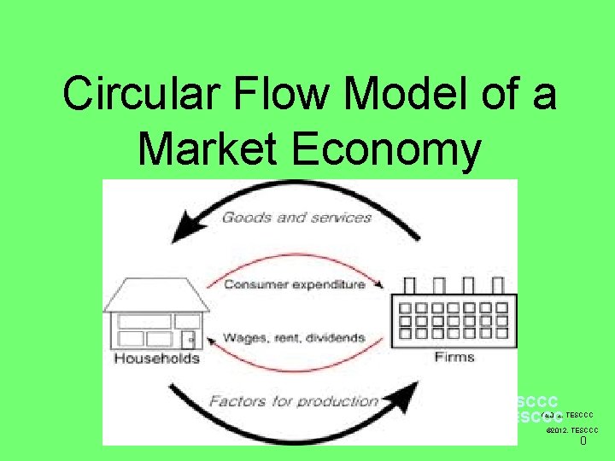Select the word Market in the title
click(x=209, y=149)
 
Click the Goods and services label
click(x=296, y=218)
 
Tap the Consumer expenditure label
click(x=294, y=285)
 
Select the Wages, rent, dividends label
click(x=294, y=338)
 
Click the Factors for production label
click(x=293, y=400)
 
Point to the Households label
click(x=156, y=358)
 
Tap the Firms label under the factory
click(x=454, y=357)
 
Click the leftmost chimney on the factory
click(x=409, y=286)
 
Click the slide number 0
click(x=583, y=441)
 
